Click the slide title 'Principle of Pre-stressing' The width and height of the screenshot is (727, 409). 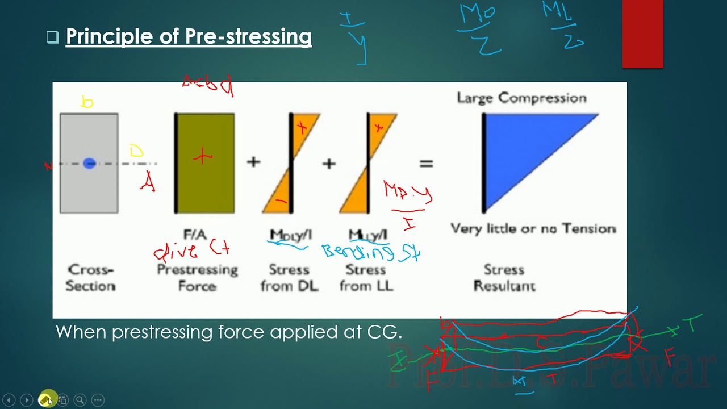[189, 37]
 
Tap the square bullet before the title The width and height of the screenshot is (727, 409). [52, 37]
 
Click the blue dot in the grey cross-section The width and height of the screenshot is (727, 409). [89, 164]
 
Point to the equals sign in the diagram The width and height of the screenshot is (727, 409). [426, 164]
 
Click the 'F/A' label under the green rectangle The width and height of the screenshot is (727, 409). [195, 235]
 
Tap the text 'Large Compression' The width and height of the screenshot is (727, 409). [521, 98]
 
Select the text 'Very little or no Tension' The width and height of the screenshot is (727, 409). [533, 229]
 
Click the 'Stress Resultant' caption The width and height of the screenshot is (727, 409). [504, 278]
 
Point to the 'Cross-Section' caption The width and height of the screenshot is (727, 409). [90, 278]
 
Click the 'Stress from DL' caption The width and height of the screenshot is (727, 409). [289, 278]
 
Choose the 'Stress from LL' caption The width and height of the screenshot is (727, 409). [366, 278]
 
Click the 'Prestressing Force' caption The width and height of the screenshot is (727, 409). [197, 278]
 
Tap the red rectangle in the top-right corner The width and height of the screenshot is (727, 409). [642, 34]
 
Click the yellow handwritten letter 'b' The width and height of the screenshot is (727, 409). [87, 102]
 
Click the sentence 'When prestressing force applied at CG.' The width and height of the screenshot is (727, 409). [228, 332]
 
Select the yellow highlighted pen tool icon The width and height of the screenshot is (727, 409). [45, 400]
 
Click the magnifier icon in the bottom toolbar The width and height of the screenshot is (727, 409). [80, 400]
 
